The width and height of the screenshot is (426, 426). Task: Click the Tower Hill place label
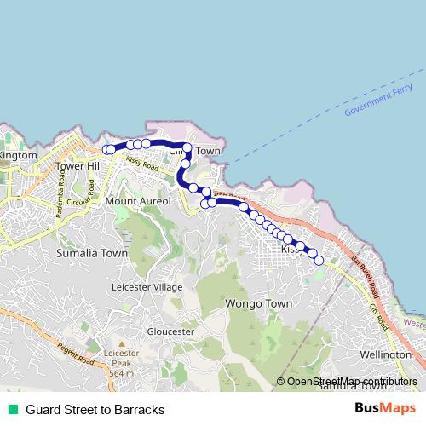78,165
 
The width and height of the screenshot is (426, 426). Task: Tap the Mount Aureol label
138,201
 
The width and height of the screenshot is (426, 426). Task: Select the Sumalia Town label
91,253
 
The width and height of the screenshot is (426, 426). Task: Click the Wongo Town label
258,303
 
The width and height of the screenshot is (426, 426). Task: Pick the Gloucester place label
171,331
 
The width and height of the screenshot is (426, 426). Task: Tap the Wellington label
386,354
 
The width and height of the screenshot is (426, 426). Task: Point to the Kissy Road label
141,162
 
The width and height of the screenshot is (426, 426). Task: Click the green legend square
11,410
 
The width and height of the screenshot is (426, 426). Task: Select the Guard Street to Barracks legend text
95,410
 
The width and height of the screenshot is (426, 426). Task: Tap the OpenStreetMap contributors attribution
352,382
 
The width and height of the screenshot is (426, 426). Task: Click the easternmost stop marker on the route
319,261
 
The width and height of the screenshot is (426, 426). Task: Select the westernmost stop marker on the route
107,150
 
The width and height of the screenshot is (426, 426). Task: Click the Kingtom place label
18,155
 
